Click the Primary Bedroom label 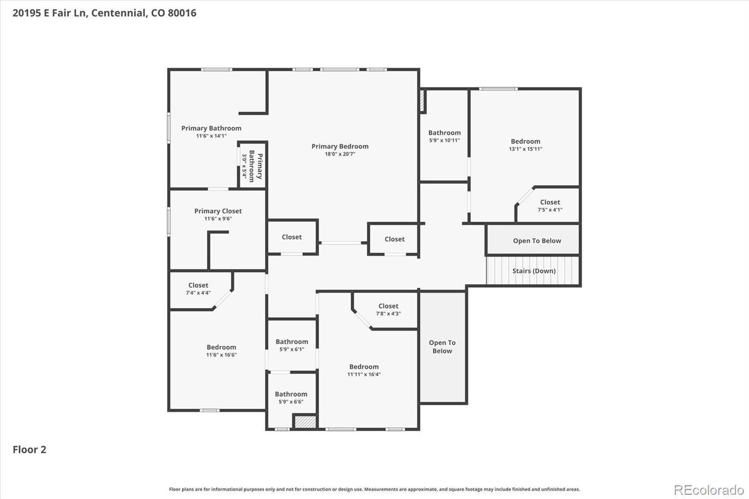coord(340,147)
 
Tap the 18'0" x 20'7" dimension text coord(340,154)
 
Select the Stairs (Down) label coord(534,271)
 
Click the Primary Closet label coord(218,211)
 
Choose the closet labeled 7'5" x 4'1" coord(550,205)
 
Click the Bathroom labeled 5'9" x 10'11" coord(444,136)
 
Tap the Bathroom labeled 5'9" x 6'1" coord(292,345)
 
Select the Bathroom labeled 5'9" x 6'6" coord(291,397)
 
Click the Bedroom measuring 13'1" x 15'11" coord(525,145)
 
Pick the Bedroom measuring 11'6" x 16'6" coord(221,351)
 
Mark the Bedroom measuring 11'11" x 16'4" coord(364,370)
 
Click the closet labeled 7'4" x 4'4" coord(198,288)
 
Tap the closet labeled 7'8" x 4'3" coord(388,309)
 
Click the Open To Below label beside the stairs coord(536,241)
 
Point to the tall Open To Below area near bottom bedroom coord(442,347)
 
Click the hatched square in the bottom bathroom coord(305,421)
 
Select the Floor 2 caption coord(29,449)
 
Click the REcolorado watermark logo coord(708,490)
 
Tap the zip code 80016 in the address coord(182,13)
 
